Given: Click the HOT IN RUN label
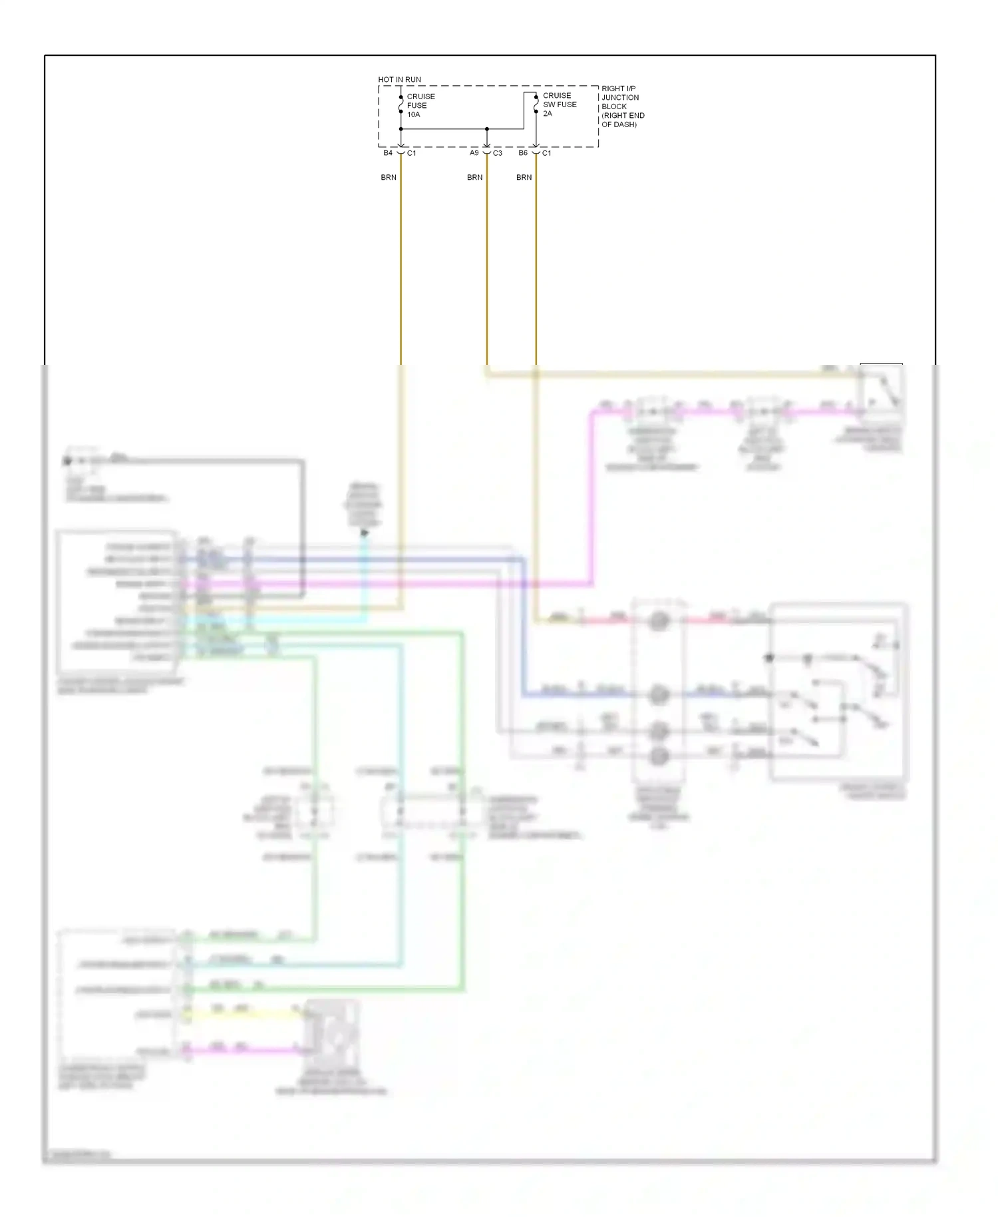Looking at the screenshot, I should (x=399, y=79).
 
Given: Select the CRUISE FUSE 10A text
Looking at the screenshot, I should (x=420, y=105).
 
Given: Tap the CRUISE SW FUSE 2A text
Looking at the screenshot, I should (x=559, y=105).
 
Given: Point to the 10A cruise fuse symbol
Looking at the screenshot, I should (x=401, y=105).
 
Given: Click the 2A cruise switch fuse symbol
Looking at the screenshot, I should (x=536, y=104).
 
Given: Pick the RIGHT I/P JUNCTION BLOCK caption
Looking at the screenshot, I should (x=622, y=107).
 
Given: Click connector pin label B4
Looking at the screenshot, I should (x=388, y=153).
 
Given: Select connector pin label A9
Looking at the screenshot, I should (x=474, y=153).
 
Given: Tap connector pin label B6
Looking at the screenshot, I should (x=523, y=153).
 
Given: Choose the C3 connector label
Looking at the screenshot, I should (x=498, y=153).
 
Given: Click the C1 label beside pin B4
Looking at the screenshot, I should (x=412, y=153).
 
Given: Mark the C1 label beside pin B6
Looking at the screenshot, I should (x=547, y=153).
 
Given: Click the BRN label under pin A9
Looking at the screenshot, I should (x=474, y=177).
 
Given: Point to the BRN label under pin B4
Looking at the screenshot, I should (x=389, y=177).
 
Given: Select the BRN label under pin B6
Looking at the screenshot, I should (x=524, y=177).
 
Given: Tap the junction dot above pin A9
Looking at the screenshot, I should (x=487, y=128).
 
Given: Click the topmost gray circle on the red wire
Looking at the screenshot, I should (x=659, y=620).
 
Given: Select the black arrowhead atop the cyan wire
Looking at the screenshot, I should (x=364, y=533).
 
